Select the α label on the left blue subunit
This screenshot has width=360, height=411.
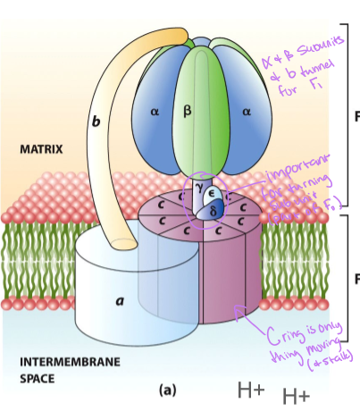(155, 112)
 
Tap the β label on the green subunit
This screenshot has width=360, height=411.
(187, 111)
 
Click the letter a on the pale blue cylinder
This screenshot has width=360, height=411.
(119, 301)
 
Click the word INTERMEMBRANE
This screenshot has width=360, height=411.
(58, 363)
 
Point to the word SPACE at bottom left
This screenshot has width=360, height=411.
(37, 379)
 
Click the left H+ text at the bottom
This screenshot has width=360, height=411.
(251, 390)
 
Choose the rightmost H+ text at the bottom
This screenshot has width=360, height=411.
(297, 396)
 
